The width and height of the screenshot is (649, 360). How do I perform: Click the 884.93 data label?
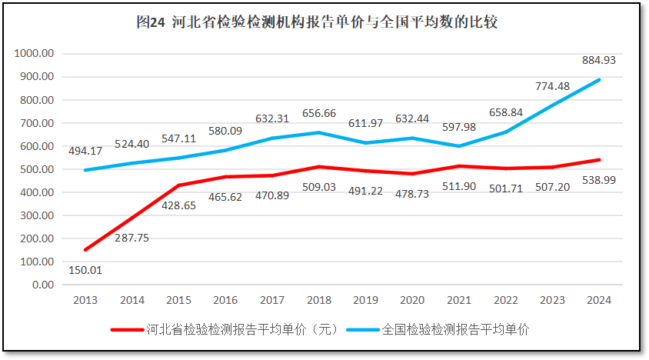(598, 60)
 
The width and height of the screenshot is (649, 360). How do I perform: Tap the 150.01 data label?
(85, 270)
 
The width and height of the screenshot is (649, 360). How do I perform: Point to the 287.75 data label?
(131, 238)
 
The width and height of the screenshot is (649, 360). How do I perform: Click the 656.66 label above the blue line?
(318, 112)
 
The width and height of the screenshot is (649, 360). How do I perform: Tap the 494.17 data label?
(86, 151)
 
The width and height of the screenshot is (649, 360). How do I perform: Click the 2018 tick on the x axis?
(318, 300)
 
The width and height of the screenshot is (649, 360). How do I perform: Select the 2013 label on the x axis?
(85, 300)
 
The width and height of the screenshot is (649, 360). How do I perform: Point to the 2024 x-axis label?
(598, 300)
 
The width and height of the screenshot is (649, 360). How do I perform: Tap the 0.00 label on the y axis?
(41, 285)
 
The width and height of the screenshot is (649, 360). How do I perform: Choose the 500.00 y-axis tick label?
(37, 169)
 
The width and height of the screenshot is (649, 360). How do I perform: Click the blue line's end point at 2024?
(599, 80)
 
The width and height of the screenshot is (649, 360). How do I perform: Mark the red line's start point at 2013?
(85, 250)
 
